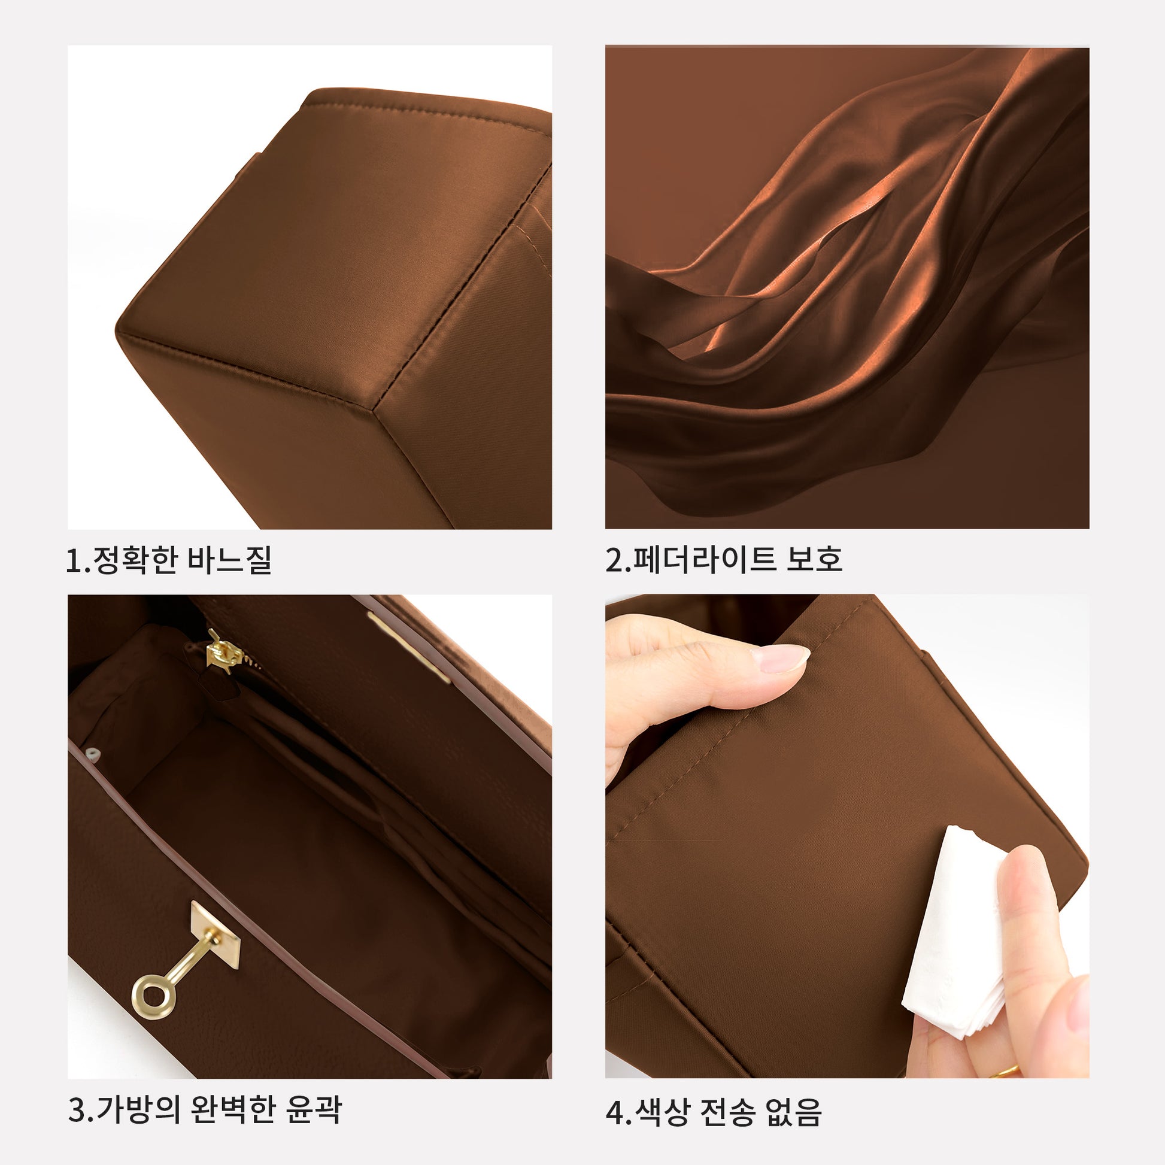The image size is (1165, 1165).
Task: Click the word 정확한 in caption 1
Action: (x=135, y=560)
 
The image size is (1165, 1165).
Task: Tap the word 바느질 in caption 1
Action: (x=230, y=560)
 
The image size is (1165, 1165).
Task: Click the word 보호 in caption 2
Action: (x=814, y=560)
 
